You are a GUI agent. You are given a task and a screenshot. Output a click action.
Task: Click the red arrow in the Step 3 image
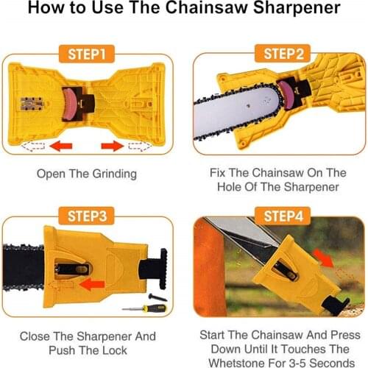coord(91,283)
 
